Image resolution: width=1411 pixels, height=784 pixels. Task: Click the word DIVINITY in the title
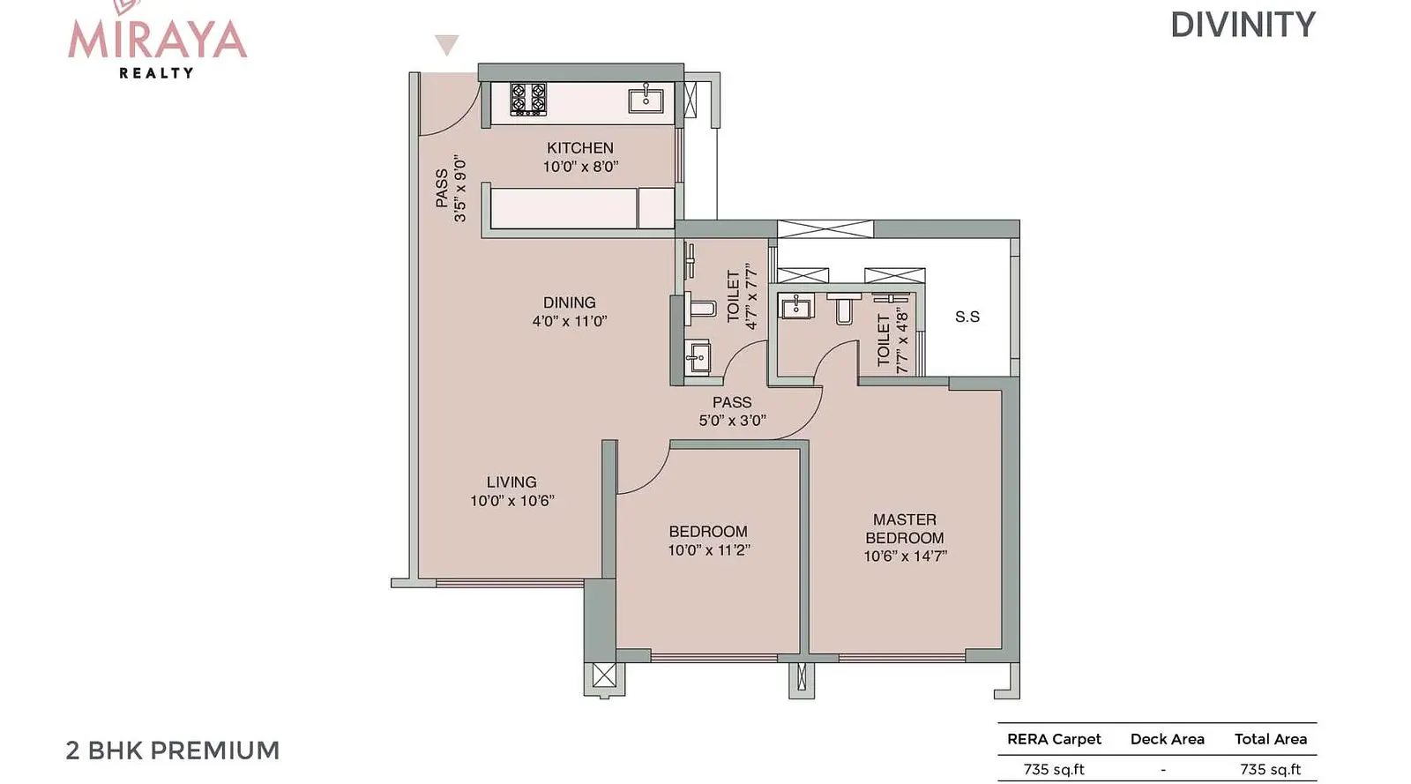click(x=1243, y=26)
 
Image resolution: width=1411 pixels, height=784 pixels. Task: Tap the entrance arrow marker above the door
click(x=446, y=45)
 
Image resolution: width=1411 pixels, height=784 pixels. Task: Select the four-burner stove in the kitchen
click(x=528, y=99)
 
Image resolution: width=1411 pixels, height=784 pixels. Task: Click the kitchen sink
click(x=646, y=100)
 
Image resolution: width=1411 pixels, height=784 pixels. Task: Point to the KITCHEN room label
click(x=580, y=148)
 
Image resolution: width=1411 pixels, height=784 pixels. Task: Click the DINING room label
click(x=570, y=302)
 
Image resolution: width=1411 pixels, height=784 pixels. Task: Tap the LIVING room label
click(x=511, y=482)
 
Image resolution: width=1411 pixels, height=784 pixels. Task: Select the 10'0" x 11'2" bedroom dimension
click(x=709, y=550)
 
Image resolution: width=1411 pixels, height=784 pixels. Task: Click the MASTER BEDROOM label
click(x=905, y=528)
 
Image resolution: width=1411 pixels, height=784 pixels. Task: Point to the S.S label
click(x=967, y=317)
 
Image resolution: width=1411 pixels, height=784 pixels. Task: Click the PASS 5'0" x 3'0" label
click(x=732, y=411)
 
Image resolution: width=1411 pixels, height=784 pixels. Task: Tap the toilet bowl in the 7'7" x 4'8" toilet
click(x=844, y=307)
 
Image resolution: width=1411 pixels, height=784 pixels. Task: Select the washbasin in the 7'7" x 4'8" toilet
click(x=797, y=307)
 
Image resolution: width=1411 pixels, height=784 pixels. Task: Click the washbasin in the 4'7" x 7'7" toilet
click(x=698, y=357)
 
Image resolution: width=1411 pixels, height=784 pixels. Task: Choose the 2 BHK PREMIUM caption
click(x=173, y=750)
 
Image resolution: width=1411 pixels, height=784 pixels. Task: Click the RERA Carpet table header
click(x=1054, y=739)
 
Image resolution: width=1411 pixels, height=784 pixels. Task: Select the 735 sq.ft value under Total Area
click(x=1271, y=770)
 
